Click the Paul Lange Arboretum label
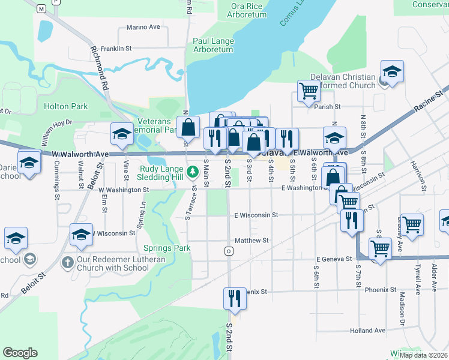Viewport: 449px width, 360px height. point(213,45)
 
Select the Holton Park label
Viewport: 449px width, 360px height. point(66,106)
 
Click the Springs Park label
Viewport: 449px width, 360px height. point(167,247)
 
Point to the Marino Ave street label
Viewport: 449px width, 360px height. point(143,28)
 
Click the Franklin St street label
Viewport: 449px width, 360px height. point(116,48)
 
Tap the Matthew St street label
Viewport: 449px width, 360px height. point(252,240)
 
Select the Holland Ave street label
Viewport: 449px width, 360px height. point(368,330)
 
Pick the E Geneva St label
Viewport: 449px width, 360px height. point(334,259)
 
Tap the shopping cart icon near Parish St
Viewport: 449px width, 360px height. point(309,91)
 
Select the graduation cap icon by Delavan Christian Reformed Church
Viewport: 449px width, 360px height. point(392,71)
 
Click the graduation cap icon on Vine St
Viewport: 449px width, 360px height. point(122,134)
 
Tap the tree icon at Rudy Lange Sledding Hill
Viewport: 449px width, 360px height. point(192,173)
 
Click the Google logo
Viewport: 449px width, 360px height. point(20,353)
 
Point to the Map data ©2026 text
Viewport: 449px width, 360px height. point(423,355)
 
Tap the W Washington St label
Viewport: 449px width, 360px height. point(124,190)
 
